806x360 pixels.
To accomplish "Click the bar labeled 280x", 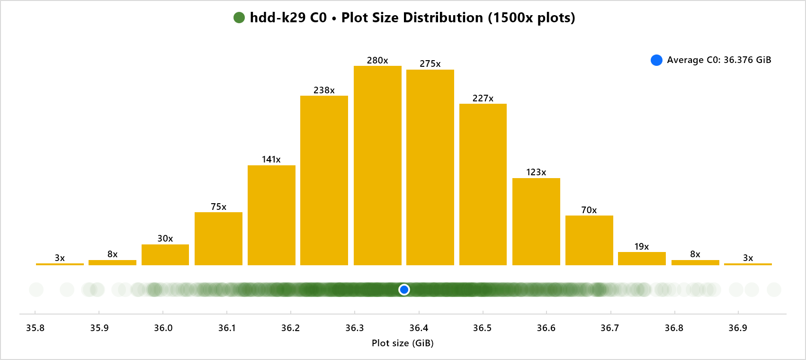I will pyautogui.click(x=377, y=166).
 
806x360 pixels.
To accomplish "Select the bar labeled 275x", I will pyautogui.click(x=430, y=168).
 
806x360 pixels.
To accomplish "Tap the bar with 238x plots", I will pyautogui.click(x=324, y=180).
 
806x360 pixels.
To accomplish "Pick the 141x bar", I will pyautogui.click(x=271, y=215).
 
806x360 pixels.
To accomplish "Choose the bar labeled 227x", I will pyautogui.click(x=483, y=185).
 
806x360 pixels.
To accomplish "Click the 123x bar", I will pyautogui.click(x=536, y=222).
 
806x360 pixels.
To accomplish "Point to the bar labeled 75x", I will pyautogui.click(x=218, y=239).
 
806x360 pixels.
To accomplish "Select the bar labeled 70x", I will pyautogui.click(x=589, y=240).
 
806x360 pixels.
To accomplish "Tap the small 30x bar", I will pyautogui.click(x=165, y=255).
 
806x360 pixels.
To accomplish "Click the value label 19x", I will pyautogui.click(x=642, y=246).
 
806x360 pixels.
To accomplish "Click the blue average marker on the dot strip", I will pyautogui.click(x=404, y=289).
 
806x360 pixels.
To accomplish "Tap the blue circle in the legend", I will pyautogui.click(x=656, y=60).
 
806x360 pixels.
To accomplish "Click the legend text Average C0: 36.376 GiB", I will pyautogui.click(x=719, y=60).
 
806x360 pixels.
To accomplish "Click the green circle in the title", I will pyautogui.click(x=239, y=18).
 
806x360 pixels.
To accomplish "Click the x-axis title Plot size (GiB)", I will pyautogui.click(x=403, y=343).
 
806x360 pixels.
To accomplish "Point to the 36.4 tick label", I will pyautogui.click(x=419, y=328).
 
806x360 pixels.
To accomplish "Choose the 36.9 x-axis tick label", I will pyautogui.click(x=738, y=328).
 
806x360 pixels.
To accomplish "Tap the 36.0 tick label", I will pyautogui.click(x=163, y=328).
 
